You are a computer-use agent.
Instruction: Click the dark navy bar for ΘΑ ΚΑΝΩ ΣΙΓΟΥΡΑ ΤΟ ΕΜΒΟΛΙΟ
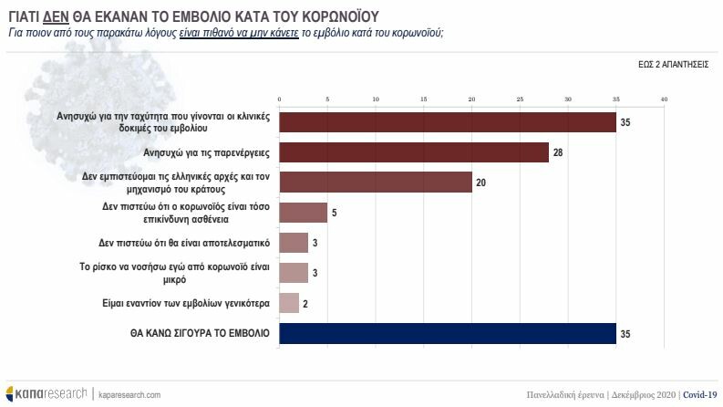click(447, 334)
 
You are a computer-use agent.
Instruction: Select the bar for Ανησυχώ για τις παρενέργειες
click(413, 151)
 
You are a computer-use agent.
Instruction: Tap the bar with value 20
click(375, 182)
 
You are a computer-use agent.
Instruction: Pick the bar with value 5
click(303, 213)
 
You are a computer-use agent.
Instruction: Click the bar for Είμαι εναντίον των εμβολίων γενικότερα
click(288, 303)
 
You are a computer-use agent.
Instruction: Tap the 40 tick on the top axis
click(664, 99)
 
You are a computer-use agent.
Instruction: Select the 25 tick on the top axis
click(520, 99)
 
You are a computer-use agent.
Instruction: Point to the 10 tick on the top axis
click(375, 99)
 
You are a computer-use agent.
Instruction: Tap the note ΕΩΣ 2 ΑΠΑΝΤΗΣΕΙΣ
click(674, 67)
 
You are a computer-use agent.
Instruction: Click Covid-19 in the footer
click(698, 394)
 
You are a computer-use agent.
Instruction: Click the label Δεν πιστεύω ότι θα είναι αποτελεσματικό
click(183, 244)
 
